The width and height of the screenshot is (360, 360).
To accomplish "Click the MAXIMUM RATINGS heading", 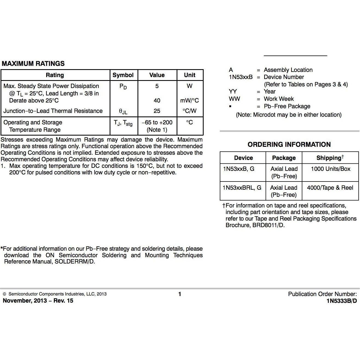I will (33, 64).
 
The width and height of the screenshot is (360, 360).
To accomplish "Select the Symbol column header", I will (123, 75).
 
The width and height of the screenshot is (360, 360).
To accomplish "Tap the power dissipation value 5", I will (157, 86).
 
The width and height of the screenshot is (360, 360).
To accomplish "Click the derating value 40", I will (157, 101).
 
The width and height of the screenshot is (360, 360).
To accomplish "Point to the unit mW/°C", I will (189, 101).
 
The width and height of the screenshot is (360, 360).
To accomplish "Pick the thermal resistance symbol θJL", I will (123, 111).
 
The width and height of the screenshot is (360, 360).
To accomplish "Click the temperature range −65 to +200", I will (157, 122).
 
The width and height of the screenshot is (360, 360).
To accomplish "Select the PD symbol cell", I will (123, 87).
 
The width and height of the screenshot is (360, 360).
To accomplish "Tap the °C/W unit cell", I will (189, 111).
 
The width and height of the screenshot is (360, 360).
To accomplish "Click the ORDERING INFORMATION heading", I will (289, 145).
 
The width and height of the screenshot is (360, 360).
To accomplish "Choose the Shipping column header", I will (330, 158).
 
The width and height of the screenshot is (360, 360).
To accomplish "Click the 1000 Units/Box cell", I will (330, 169).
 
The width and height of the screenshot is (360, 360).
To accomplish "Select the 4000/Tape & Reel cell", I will (330, 188).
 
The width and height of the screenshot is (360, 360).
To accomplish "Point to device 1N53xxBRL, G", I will (242, 188).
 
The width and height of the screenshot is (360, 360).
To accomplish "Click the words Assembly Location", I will (288, 70).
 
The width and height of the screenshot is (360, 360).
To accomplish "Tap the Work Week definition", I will (279, 99).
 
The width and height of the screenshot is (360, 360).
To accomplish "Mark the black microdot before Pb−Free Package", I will (230, 106).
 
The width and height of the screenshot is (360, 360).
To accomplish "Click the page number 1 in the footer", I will (180, 294).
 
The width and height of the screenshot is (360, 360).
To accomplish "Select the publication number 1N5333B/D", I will (342, 301).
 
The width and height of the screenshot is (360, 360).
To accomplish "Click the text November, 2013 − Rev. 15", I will (38, 301).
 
